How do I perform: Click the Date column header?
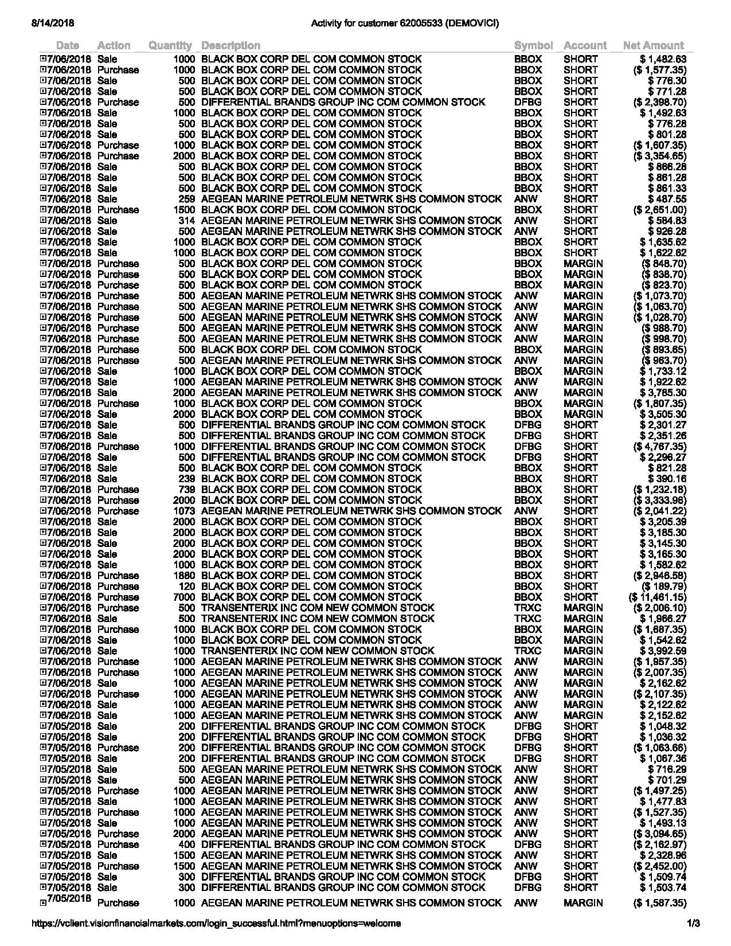point(68,45)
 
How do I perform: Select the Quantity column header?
point(170,45)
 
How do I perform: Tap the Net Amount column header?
point(653,45)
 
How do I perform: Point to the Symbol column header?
point(533,45)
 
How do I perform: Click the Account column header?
point(585,45)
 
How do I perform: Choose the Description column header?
point(230,45)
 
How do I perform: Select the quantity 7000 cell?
point(185,597)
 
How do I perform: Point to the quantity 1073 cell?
point(185,511)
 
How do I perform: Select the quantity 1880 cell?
point(185,576)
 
